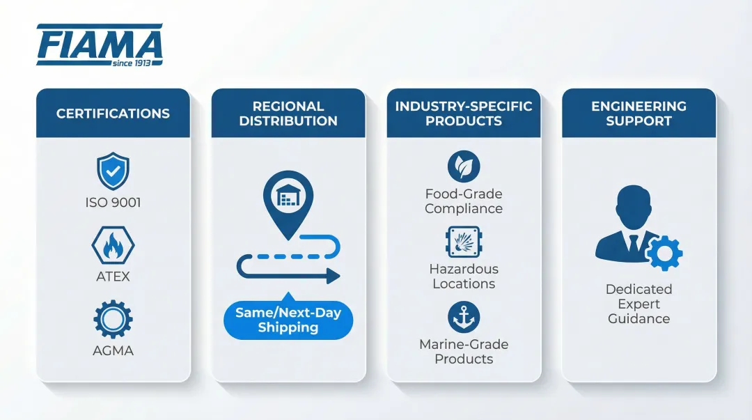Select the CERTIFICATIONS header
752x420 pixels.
coord(113,114)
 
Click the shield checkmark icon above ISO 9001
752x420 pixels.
coord(113,171)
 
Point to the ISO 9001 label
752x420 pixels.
coord(113,203)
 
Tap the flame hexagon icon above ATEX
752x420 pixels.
coord(113,245)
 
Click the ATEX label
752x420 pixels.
coord(113,277)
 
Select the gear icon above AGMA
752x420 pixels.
coord(113,319)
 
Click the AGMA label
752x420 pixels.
coord(113,351)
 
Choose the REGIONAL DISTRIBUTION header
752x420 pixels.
coord(288,114)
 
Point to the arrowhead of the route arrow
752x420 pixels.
coord(334,277)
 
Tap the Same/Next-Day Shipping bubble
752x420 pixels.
coord(288,320)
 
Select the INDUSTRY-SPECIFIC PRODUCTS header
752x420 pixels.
coord(464,114)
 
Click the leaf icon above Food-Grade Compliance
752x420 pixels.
coord(464,167)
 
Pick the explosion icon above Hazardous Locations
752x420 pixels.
coord(464,242)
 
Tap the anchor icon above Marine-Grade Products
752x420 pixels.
coord(464,317)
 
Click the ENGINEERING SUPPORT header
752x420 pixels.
coord(639,114)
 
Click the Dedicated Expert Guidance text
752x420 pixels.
coord(639,304)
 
